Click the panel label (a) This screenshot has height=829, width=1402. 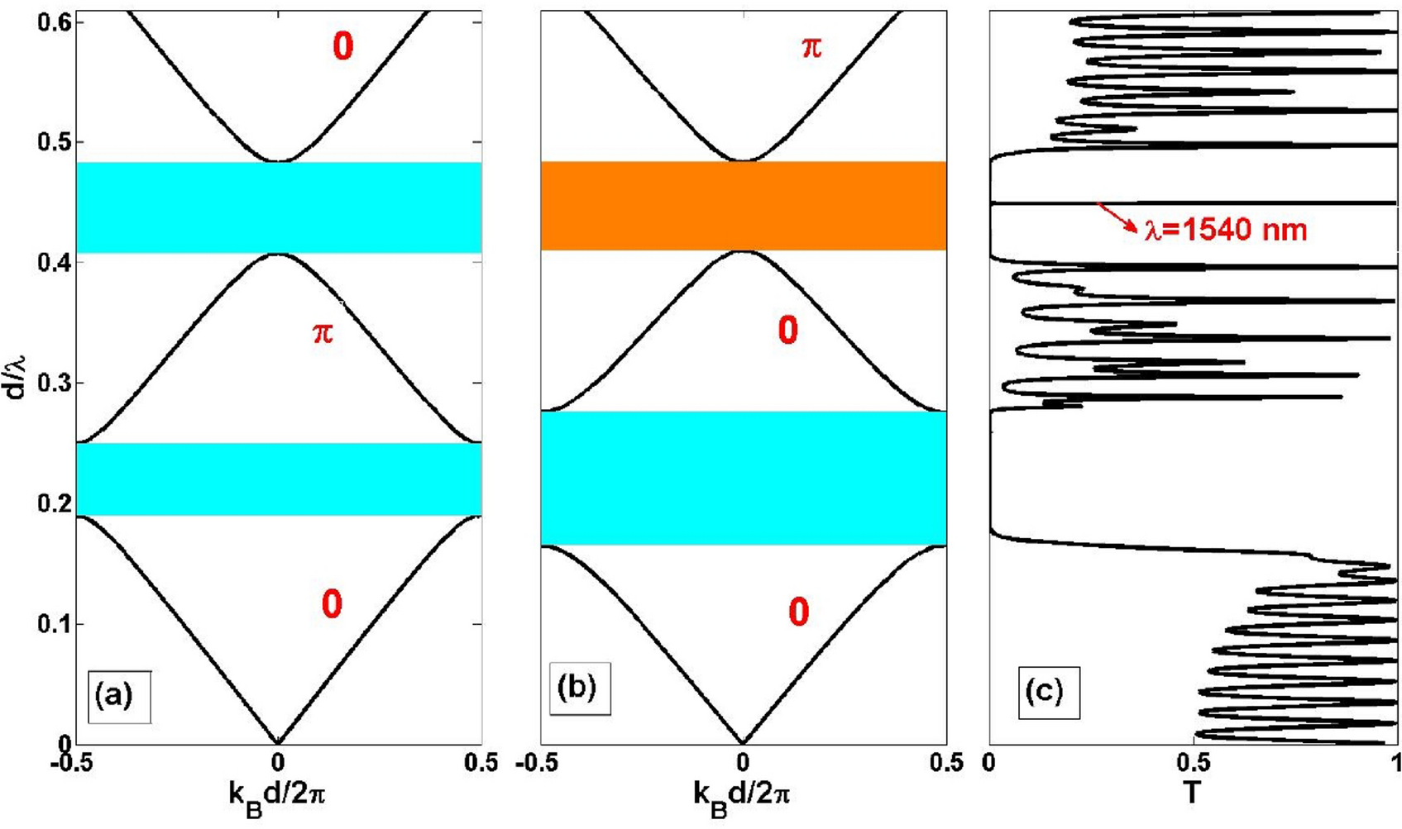(x=113, y=695)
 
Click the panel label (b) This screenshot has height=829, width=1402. (x=577, y=687)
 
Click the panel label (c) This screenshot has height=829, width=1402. (x=1044, y=690)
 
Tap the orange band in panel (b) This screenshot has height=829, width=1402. (x=743, y=205)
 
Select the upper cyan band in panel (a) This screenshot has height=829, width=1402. (x=278, y=207)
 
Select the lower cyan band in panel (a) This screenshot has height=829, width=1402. (x=278, y=479)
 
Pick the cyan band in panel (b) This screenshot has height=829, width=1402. (x=743, y=478)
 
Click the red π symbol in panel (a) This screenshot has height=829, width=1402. (x=323, y=334)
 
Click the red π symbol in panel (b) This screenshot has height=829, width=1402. (x=812, y=47)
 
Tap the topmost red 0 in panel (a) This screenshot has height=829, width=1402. (x=342, y=46)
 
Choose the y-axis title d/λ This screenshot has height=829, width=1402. (x=16, y=376)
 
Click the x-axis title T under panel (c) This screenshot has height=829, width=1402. (x=1191, y=793)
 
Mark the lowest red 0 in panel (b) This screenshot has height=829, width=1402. (x=798, y=612)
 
